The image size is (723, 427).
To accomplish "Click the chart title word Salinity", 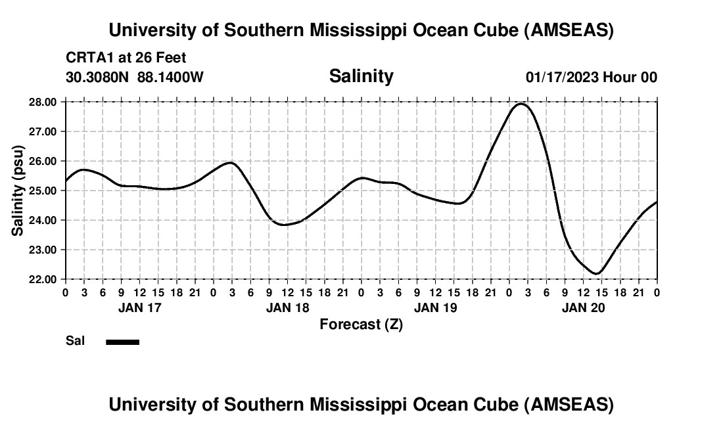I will coord(361,76).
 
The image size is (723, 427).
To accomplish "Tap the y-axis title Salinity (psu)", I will coord(18,191).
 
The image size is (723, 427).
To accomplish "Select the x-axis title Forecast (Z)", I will coord(361,324).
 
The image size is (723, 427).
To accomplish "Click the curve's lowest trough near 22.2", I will coord(596,273).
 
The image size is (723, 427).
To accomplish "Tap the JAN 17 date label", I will coord(139,307).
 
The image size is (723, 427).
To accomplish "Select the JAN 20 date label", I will coord(583,307).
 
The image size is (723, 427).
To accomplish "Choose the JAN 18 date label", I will coord(287,307).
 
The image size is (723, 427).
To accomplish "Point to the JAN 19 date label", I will coord(435,307).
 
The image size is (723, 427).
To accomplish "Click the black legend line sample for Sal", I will coord(122,342).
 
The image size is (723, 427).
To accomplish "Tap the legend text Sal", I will coord(74,341).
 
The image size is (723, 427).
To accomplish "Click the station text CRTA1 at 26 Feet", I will coord(126,58).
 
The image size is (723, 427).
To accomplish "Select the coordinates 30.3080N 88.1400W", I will coord(135,77).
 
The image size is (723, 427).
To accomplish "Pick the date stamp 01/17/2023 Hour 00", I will coord(591,77).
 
